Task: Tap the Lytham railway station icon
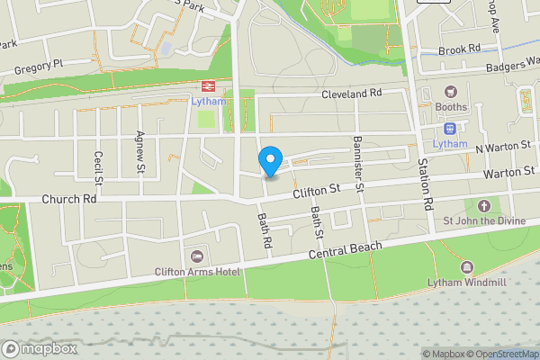(206, 85)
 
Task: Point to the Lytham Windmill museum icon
(466, 268)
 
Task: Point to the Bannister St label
(357, 164)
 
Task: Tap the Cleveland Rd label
(353, 93)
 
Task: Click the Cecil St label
(98, 168)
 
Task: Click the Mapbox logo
(37, 347)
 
